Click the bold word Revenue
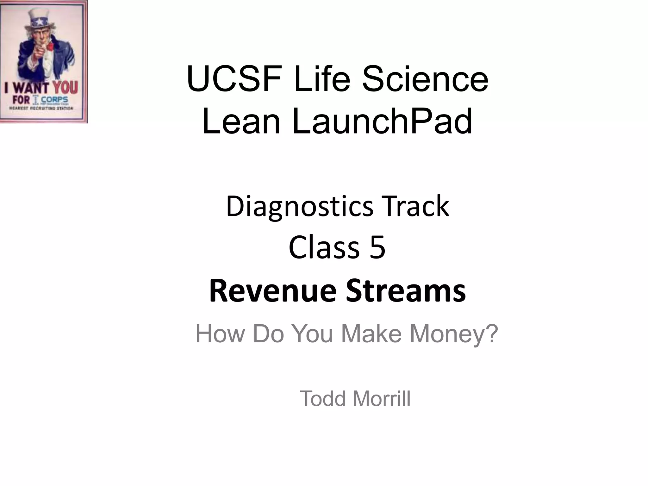click(272, 290)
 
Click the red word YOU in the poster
click(65, 87)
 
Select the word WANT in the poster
click(30, 88)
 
